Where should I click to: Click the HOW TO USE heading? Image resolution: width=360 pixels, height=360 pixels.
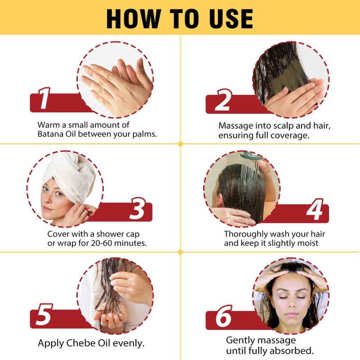tap(180, 18)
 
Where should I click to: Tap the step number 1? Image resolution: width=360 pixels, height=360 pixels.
tap(44, 100)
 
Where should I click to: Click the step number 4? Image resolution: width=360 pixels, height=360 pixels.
tap(315, 211)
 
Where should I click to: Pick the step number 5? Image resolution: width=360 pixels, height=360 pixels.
tap(44, 315)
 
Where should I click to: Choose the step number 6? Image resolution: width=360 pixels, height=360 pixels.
tap(223, 318)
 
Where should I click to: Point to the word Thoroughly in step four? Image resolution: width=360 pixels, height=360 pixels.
tap(246, 234)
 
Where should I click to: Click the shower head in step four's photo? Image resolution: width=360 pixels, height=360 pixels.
tap(250, 156)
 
